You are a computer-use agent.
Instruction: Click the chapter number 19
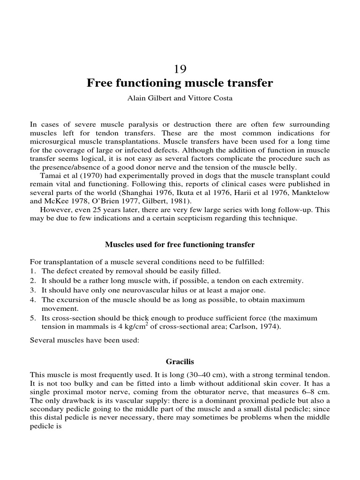pyautogui.click(x=180, y=69)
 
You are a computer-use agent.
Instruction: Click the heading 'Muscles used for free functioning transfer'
pyautogui.click(x=180, y=245)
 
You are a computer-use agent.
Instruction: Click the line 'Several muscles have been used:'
pyautogui.click(x=84, y=341)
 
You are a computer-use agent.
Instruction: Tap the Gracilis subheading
pyautogui.click(x=180, y=362)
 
